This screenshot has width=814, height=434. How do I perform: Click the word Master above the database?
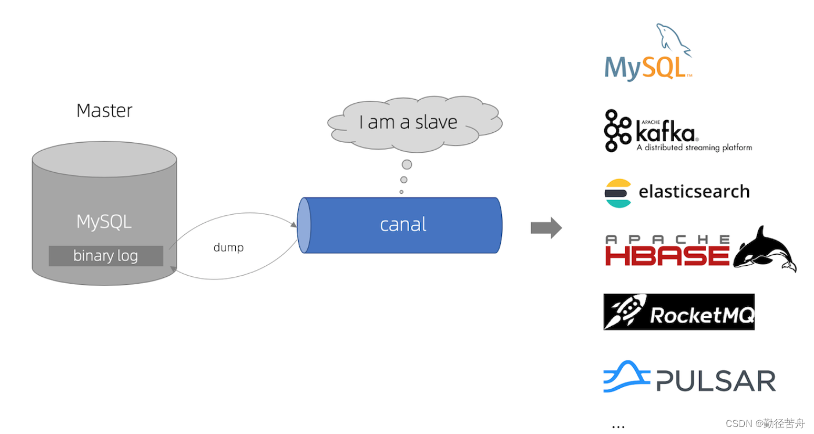(x=105, y=110)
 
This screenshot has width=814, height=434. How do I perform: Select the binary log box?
(x=106, y=256)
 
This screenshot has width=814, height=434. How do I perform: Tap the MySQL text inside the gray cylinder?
(x=104, y=221)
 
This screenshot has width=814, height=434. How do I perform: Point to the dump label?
(x=228, y=248)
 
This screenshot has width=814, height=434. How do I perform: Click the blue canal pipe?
(x=403, y=225)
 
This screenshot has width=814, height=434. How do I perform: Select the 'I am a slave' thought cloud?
(x=414, y=122)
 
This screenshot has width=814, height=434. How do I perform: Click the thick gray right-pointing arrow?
(x=546, y=227)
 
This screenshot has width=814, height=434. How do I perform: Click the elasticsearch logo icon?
(x=618, y=193)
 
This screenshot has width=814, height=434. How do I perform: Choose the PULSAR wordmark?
(x=716, y=381)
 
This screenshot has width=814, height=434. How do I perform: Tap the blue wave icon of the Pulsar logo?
(x=626, y=377)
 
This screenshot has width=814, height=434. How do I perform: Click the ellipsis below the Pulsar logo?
(x=618, y=426)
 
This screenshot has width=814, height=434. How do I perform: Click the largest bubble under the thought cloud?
(x=407, y=165)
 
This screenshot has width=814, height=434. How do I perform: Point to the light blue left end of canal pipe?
(x=304, y=225)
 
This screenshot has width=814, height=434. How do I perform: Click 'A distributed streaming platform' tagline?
(x=694, y=147)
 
